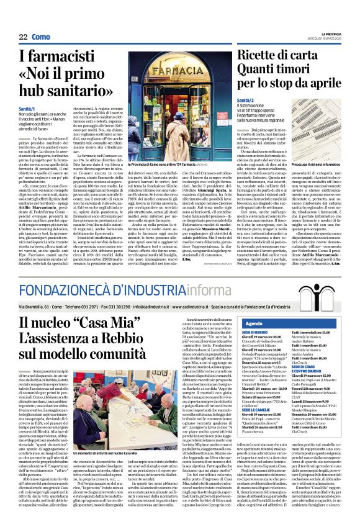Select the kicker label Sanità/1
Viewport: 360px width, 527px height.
26,109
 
